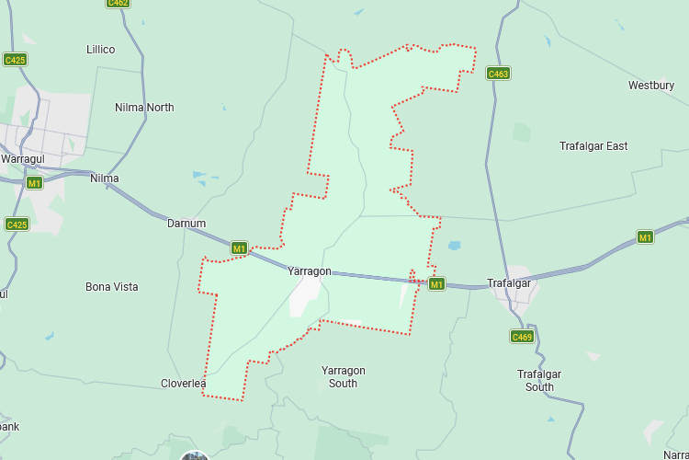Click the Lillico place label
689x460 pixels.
(100, 49)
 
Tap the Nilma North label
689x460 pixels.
(144, 108)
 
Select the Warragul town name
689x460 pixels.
(23, 159)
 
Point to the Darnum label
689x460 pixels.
(186, 224)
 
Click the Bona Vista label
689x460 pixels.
(112, 287)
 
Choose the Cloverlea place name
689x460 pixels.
(184, 384)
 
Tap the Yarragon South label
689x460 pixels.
(344, 377)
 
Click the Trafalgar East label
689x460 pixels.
(593, 146)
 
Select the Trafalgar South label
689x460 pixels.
(539, 381)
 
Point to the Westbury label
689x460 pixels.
(651, 86)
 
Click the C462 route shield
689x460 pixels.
(118, 3)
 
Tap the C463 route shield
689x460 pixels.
(498, 74)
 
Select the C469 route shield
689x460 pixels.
(522, 337)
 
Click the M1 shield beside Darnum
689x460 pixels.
(239, 248)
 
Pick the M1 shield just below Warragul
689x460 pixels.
(34, 183)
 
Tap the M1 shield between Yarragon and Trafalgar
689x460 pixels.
(436, 284)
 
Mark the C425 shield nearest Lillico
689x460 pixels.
(15, 60)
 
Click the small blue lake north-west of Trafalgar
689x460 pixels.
(454, 246)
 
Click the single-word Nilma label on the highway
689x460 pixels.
(105, 178)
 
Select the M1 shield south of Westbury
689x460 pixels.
(645, 237)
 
